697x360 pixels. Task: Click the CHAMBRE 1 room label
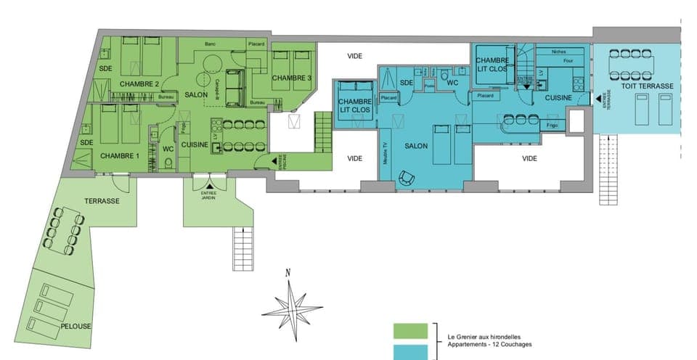[120, 156]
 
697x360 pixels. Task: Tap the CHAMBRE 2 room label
[139, 83]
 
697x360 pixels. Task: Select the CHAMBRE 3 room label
[292, 78]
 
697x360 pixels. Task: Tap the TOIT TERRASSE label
[647, 86]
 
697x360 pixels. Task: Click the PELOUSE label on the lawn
[76, 326]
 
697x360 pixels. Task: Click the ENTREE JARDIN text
[209, 194]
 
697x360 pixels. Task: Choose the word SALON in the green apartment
[196, 95]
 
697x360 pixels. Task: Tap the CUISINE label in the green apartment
[195, 144]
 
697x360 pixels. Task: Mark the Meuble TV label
[385, 156]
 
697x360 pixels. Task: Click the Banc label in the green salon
[211, 44]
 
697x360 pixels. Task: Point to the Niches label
[558, 52]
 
